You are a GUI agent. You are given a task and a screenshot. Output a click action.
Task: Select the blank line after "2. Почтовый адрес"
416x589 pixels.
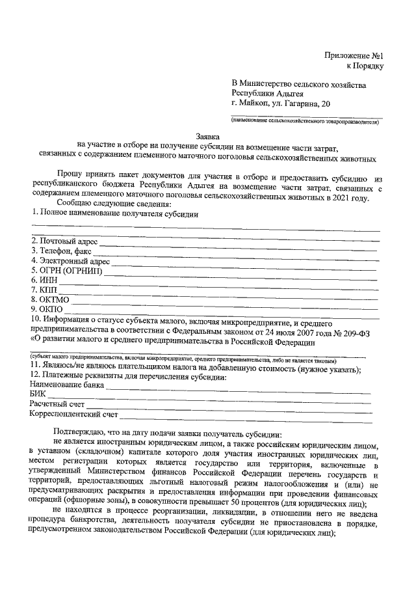tap(238, 244)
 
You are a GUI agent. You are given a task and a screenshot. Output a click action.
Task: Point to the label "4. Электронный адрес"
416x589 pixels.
tap(71, 262)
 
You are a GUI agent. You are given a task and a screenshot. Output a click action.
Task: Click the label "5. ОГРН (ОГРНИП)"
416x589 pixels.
tap(67, 271)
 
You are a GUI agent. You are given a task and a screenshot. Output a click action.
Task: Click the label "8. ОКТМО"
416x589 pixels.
tap(50, 300)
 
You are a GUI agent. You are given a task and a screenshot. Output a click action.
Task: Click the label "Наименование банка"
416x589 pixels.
tap(67, 384)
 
